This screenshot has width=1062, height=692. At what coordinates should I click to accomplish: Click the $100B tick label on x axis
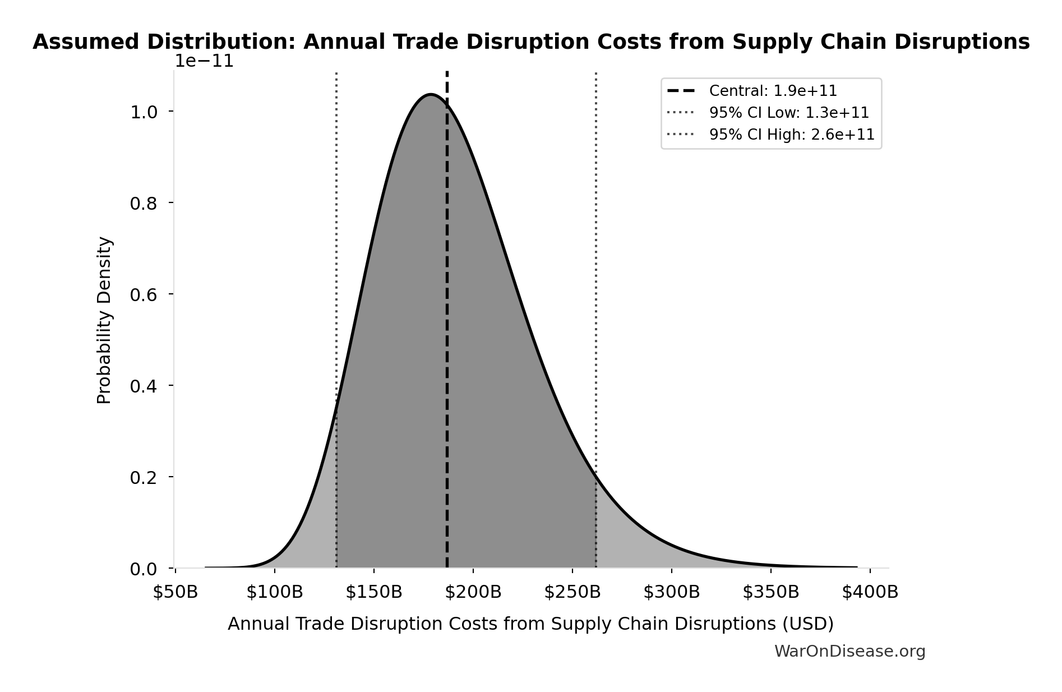274,592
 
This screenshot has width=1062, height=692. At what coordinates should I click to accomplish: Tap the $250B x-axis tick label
572,592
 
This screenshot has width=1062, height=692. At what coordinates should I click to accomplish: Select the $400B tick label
870,592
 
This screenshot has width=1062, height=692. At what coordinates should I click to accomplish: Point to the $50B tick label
176,592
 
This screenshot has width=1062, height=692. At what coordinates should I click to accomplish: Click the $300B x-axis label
671,592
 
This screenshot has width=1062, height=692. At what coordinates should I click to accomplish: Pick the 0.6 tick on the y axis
144,294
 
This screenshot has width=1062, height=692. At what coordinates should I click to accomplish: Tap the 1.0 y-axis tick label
144,112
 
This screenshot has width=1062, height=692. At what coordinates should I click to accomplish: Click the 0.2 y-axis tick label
144,477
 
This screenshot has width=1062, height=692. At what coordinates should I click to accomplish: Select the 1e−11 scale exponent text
204,61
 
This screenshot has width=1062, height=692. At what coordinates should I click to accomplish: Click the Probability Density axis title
104,320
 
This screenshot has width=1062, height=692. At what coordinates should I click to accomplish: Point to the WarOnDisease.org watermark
849,651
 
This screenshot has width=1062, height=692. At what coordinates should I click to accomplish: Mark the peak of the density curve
431,94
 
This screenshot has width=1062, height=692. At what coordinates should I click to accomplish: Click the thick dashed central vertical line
447,336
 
